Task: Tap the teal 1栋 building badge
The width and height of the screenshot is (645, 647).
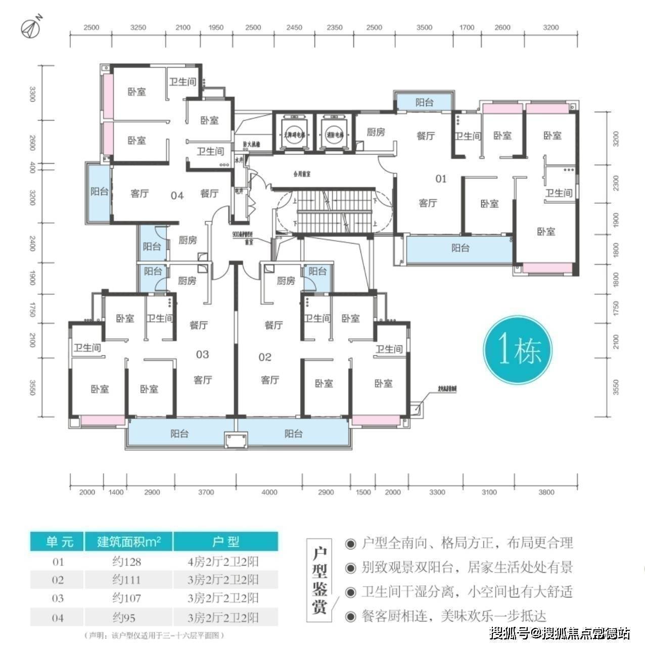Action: pyautogui.click(x=518, y=350)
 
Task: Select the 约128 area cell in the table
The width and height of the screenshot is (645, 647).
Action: pyautogui.click(x=126, y=562)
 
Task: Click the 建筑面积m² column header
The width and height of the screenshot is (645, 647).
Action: pyautogui.click(x=129, y=542)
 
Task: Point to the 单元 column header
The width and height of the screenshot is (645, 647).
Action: pyautogui.click(x=59, y=542)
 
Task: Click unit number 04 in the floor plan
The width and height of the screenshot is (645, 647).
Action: pyautogui.click(x=177, y=195)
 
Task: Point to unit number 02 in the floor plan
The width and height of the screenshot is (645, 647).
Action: pyautogui.click(x=265, y=357)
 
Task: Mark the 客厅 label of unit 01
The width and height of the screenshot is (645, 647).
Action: pyautogui.click(x=428, y=203)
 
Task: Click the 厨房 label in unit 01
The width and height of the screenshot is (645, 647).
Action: pyautogui.click(x=376, y=132)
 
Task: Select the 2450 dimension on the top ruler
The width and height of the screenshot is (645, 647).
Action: pyautogui.click(x=294, y=28)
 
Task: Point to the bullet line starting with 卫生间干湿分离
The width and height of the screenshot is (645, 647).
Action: pyautogui.click(x=460, y=591)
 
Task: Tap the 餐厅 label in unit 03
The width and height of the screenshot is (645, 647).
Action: pyautogui.click(x=199, y=325)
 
